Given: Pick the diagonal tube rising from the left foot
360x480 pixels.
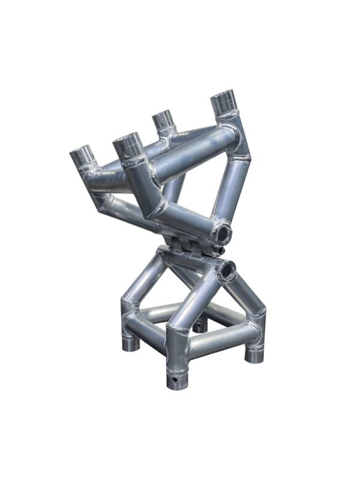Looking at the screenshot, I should click(x=141, y=279).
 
